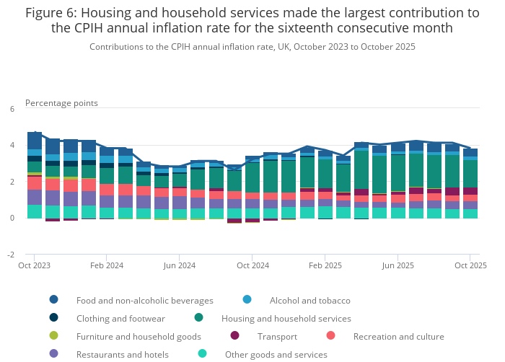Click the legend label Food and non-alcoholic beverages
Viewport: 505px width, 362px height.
pyautogui.click(x=144, y=300)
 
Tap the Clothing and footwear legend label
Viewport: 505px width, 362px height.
pyautogui.click(x=120, y=318)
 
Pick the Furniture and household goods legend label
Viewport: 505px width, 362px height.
pyautogui.click(x=139, y=336)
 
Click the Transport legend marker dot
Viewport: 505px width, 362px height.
pyautogui.click(x=234, y=335)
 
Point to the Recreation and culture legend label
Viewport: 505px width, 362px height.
pyautogui.click(x=398, y=336)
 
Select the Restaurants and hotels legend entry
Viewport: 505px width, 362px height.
pyautogui.click(x=122, y=354)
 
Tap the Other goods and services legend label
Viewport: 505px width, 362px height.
pyautogui.click(x=276, y=354)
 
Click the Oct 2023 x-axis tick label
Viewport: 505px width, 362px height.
pyautogui.click(x=35, y=265)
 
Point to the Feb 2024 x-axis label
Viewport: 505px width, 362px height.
pyautogui.click(x=107, y=265)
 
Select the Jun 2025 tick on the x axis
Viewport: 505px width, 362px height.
pyautogui.click(x=398, y=265)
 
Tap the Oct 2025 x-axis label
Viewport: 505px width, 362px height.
pyautogui.click(x=470, y=265)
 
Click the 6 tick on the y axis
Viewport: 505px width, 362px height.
pyautogui.click(x=12, y=109)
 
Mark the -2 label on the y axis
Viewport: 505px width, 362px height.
pyautogui.click(x=10, y=255)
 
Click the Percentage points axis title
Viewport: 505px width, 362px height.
pyautogui.click(x=61, y=102)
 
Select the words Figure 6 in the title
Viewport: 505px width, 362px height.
pyautogui.click(x=53, y=12)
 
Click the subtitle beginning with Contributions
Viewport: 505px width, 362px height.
pyautogui.click(x=252, y=46)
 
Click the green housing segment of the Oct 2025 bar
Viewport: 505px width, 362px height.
pyautogui.click(x=470, y=173)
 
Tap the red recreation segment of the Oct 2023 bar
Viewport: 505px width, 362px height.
pyautogui.click(x=35, y=182)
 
